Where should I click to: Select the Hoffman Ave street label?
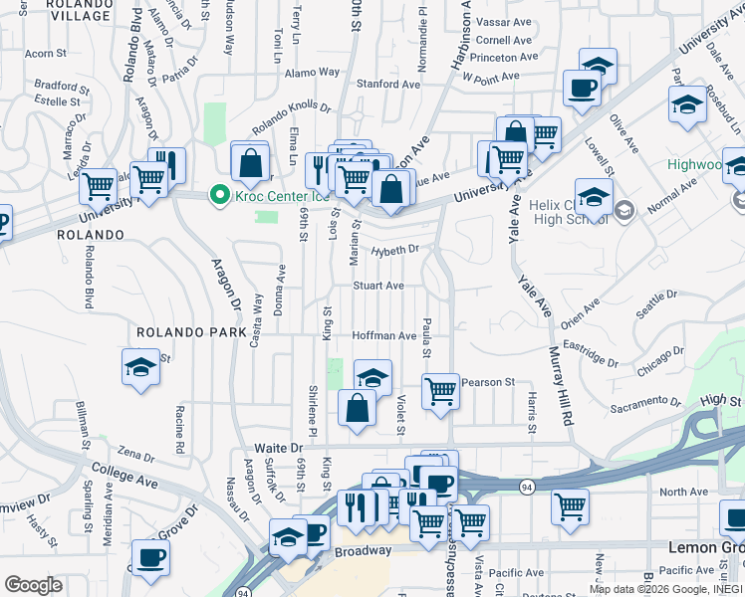pos(383,336)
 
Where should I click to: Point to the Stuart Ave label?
pos(379,286)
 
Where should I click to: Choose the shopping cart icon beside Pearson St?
pos(439,390)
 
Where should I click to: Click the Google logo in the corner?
pos(33,584)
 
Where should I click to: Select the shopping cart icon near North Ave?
pos(570,505)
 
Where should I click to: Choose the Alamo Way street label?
pos(312,73)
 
